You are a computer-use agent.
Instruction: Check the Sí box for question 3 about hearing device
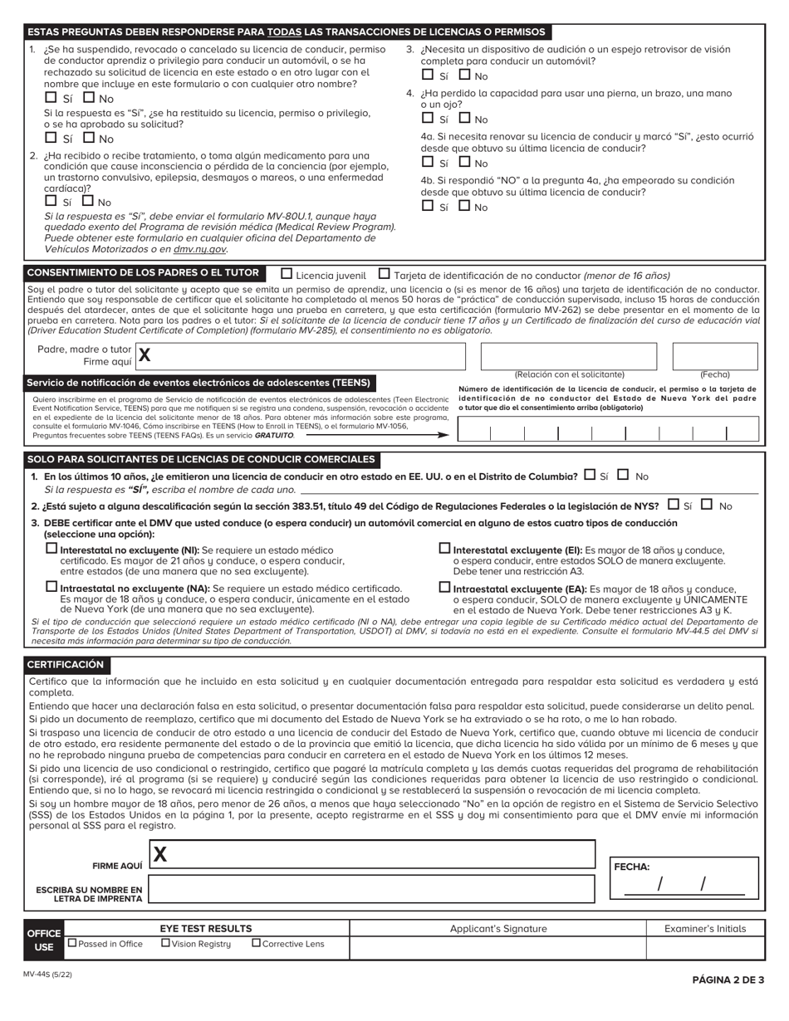[427, 75]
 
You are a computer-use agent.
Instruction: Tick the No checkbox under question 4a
[464, 162]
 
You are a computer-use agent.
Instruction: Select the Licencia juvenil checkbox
[287, 273]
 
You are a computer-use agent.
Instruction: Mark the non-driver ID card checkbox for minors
[384, 273]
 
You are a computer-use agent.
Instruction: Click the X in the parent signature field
[145, 356]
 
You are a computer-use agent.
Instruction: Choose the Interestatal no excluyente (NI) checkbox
[51, 549]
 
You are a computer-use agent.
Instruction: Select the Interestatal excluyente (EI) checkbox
[444, 549]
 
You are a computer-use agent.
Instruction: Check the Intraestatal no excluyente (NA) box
[51, 587]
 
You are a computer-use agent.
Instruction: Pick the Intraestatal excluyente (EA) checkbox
[444, 587]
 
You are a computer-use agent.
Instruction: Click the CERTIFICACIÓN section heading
[66, 665]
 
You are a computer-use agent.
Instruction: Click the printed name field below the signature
[371, 889]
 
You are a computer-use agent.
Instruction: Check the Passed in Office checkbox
[72, 943]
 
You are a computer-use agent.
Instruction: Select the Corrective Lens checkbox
[256, 943]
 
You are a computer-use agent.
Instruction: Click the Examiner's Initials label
[704, 929]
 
